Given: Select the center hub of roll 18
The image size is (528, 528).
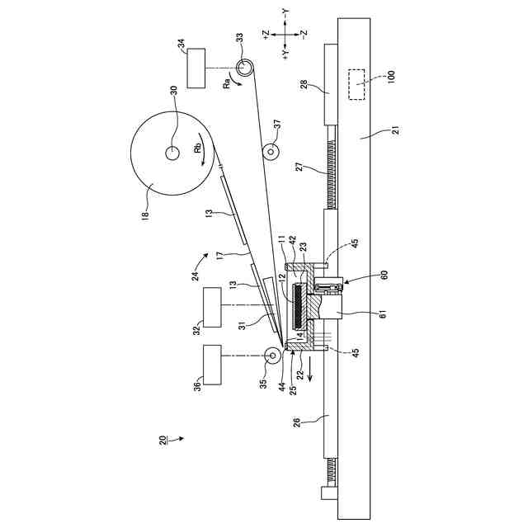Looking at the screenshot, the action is pos(173,153).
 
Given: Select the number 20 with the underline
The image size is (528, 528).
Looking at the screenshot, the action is pos(163,438).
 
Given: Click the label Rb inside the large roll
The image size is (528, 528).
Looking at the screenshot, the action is pos(199,149).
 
